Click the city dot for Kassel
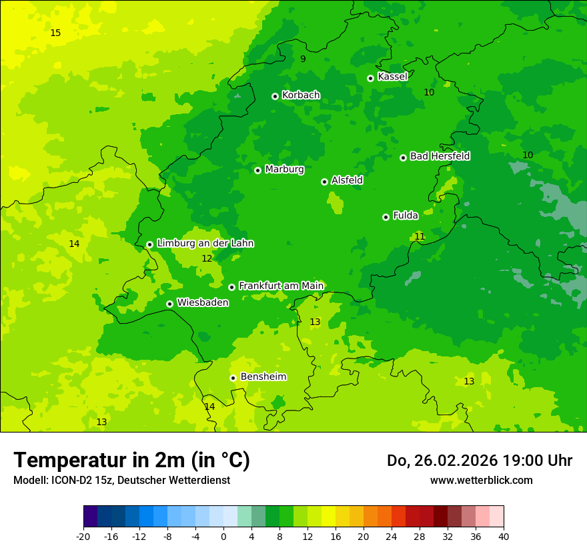pos(370,78)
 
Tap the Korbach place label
pos(301,95)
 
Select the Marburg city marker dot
pos(257,170)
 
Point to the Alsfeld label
pos(347,180)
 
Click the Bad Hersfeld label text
pos(440,156)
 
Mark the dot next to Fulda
pos(386,217)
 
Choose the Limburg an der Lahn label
pos(205,244)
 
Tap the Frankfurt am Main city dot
pos(231,287)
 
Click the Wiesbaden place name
pos(203,302)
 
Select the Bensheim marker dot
pos(233,378)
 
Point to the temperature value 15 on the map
pos(55,33)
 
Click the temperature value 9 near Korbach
pos(303,59)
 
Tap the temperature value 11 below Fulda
pos(420,236)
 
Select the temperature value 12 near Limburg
pos(207,258)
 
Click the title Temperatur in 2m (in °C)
pos(131,460)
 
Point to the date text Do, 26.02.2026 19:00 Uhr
pos(479,461)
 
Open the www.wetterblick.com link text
pos(481,480)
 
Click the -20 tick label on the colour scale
pos(83,536)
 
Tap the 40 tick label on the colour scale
pos(503,536)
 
